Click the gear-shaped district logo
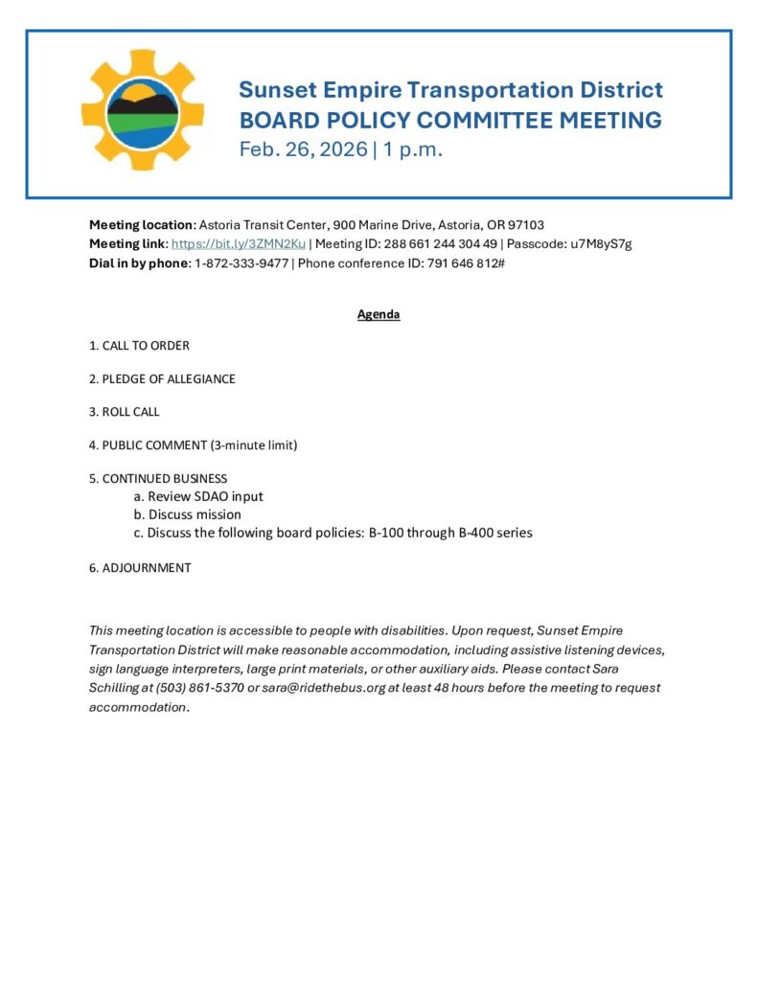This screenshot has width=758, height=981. [143, 110]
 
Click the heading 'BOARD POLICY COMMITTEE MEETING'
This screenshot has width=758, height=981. [449, 121]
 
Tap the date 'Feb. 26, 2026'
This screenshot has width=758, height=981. [303, 149]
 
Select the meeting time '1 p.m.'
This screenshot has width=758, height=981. [413, 149]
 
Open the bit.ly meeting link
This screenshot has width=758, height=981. [238, 244]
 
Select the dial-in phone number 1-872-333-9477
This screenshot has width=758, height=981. [241, 262]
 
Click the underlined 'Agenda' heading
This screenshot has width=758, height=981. [379, 314]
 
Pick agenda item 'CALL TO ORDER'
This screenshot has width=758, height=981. [146, 346]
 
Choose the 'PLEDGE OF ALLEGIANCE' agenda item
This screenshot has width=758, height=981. [169, 378]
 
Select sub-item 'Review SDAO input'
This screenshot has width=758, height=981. [205, 496]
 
